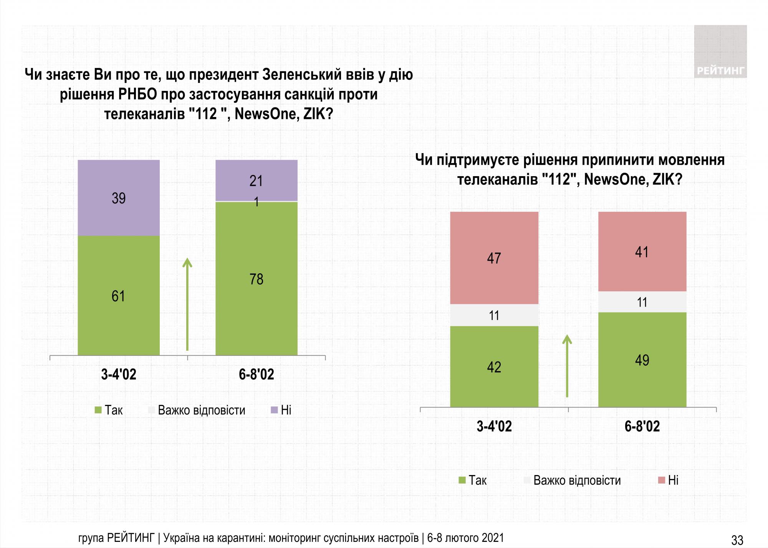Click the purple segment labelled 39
[x=119, y=198]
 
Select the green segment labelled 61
[x=119, y=295]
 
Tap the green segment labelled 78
[x=256, y=279]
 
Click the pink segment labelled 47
[x=494, y=257]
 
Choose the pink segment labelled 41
[x=642, y=251]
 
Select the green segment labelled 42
[x=494, y=366]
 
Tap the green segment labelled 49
[x=642, y=360]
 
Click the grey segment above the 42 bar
[x=494, y=315]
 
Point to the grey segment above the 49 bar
[x=642, y=302]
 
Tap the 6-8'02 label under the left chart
[x=256, y=374]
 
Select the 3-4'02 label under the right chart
[x=494, y=426]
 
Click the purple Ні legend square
[x=274, y=410]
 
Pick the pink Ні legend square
[x=661, y=480]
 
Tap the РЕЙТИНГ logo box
[x=720, y=52]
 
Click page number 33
[x=737, y=540]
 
